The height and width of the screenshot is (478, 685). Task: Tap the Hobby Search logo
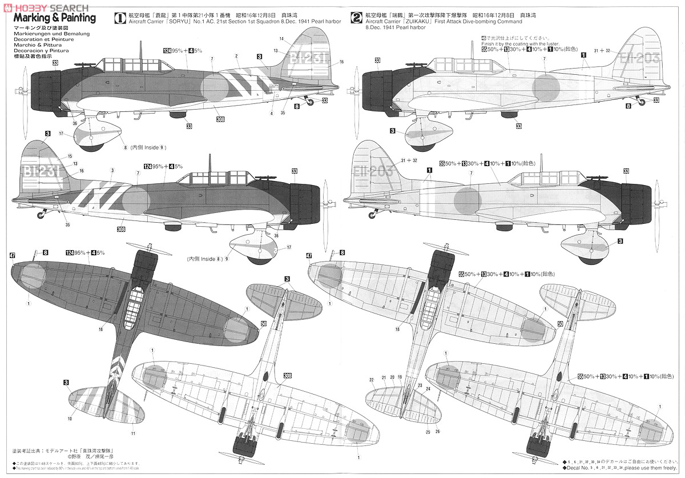(46, 5)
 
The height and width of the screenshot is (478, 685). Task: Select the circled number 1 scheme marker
(121, 18)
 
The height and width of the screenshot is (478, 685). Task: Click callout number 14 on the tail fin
(281, 38)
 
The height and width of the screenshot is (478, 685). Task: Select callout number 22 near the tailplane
(372, 379)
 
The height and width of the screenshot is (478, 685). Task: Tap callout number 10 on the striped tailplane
(69, 419)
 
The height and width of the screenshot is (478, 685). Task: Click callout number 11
(132, 433)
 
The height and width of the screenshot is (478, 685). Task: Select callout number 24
(428, 388)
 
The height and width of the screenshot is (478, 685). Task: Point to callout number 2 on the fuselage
(236, 55)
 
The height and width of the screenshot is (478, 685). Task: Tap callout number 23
(420, 386)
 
